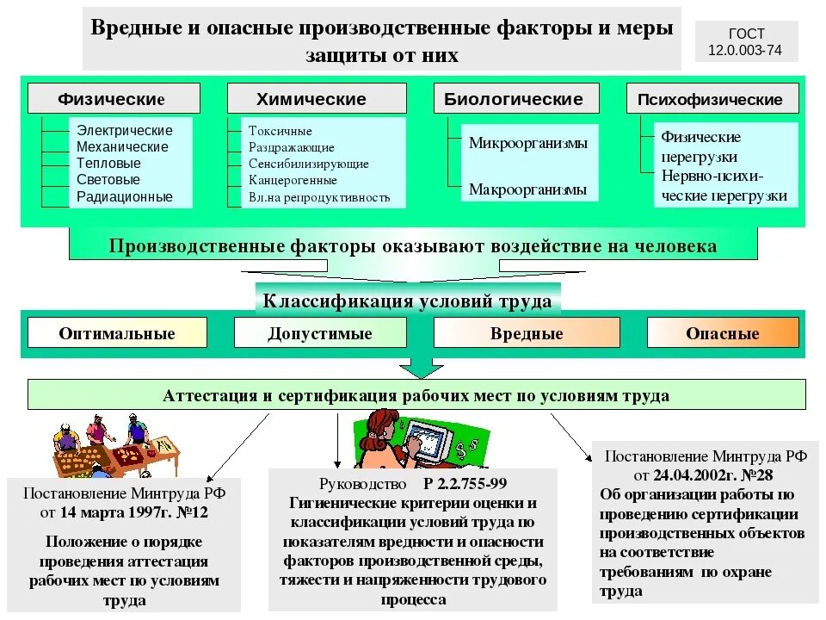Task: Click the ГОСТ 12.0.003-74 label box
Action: tap(746, 42)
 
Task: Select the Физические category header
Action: tap(114, 98)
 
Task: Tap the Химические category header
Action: tap(317, 98)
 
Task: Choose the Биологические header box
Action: tap(514, 98)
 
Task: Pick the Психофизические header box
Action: tap(712, 98)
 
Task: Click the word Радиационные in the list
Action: tap(125, 196)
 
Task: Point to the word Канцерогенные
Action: tap(293, 181)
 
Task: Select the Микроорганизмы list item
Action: tap(528, 143)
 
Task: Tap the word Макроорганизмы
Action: tap(528, 189)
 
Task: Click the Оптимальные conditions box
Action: tap(117, 333)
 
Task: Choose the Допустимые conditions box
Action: tap(320, 333)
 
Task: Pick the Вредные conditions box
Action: tap(527, 333)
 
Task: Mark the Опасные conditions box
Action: tap(723, 333)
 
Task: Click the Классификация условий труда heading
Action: tap(407, 301)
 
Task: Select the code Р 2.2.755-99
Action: tap(465, 484)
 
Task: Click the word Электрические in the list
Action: tap(125, 131)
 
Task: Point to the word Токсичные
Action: tap(280, 131)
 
